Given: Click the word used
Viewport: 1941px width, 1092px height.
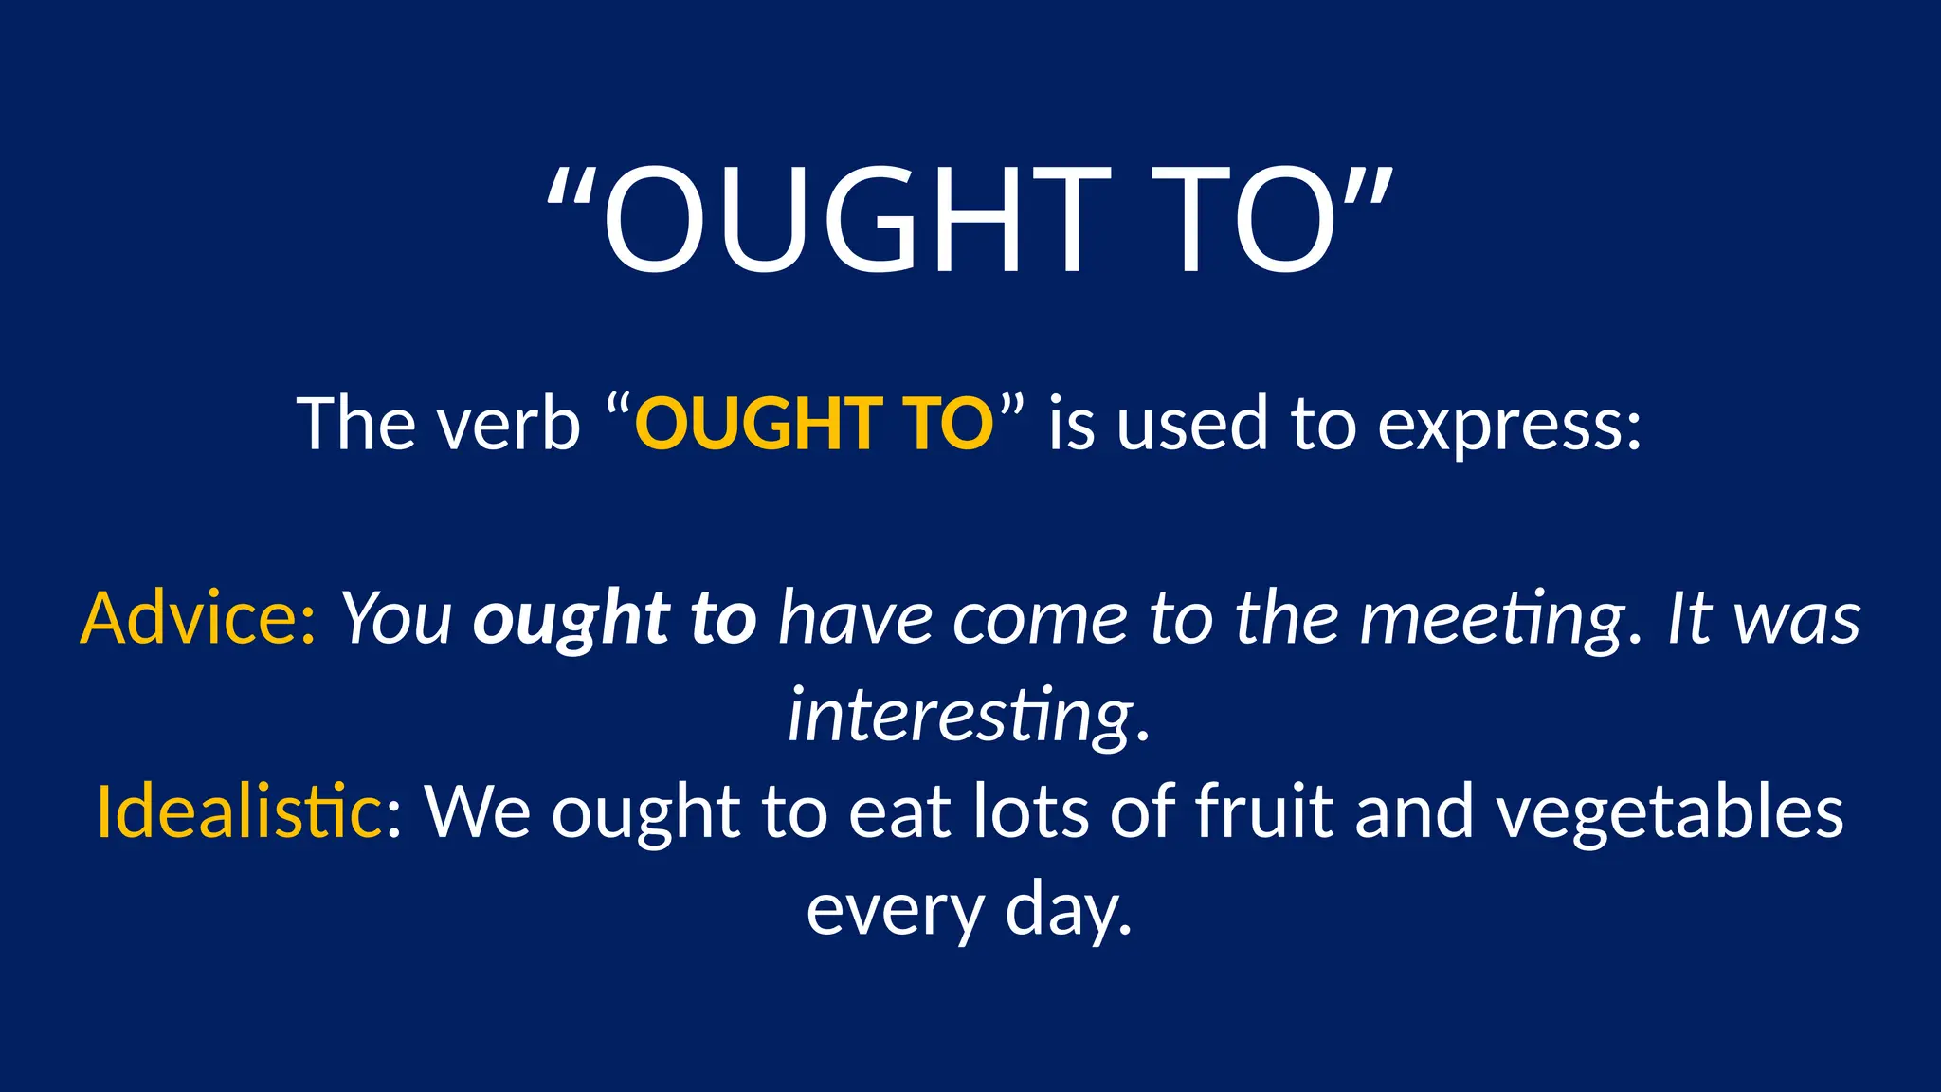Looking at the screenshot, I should pos(1191,424).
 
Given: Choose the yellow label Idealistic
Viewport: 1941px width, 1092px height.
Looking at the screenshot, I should pos(239,811).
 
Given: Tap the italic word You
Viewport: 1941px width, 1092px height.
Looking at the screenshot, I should pos(397,618).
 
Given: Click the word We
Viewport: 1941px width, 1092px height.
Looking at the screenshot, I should pos(477,811).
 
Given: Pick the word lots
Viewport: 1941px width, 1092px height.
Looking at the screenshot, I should pos(1031,811).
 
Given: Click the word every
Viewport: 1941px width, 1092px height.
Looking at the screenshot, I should pos(895,910).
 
